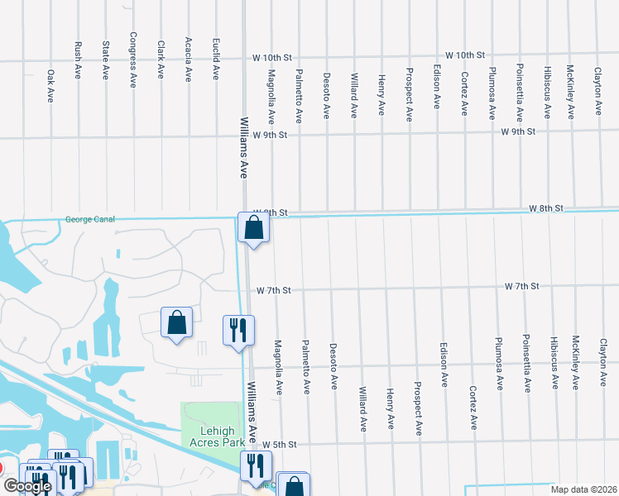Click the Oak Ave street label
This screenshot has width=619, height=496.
[x=50, y=86]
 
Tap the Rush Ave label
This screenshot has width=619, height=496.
[x=78, y=60]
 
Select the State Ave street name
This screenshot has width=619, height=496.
[x=105, y=60]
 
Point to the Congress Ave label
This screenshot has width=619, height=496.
[x=132, y=60]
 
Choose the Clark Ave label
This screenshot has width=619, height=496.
[x=161, y=60]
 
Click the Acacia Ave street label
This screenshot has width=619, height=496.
[x=188, y=60]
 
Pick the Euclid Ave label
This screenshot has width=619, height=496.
[x=215, y=60]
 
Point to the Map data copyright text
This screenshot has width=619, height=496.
[x=583, y=489]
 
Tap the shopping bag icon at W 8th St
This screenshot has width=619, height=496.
[x=253, y=227]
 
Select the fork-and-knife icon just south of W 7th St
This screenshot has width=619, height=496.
[x=238, y=330]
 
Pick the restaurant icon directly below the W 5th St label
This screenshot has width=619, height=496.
[x=256, y=465]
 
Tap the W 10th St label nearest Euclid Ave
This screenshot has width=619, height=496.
[x=272, y=59]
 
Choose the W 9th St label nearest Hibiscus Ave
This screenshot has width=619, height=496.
[x=519, y=131]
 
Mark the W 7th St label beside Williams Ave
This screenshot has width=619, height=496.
[x=274, y=291]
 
